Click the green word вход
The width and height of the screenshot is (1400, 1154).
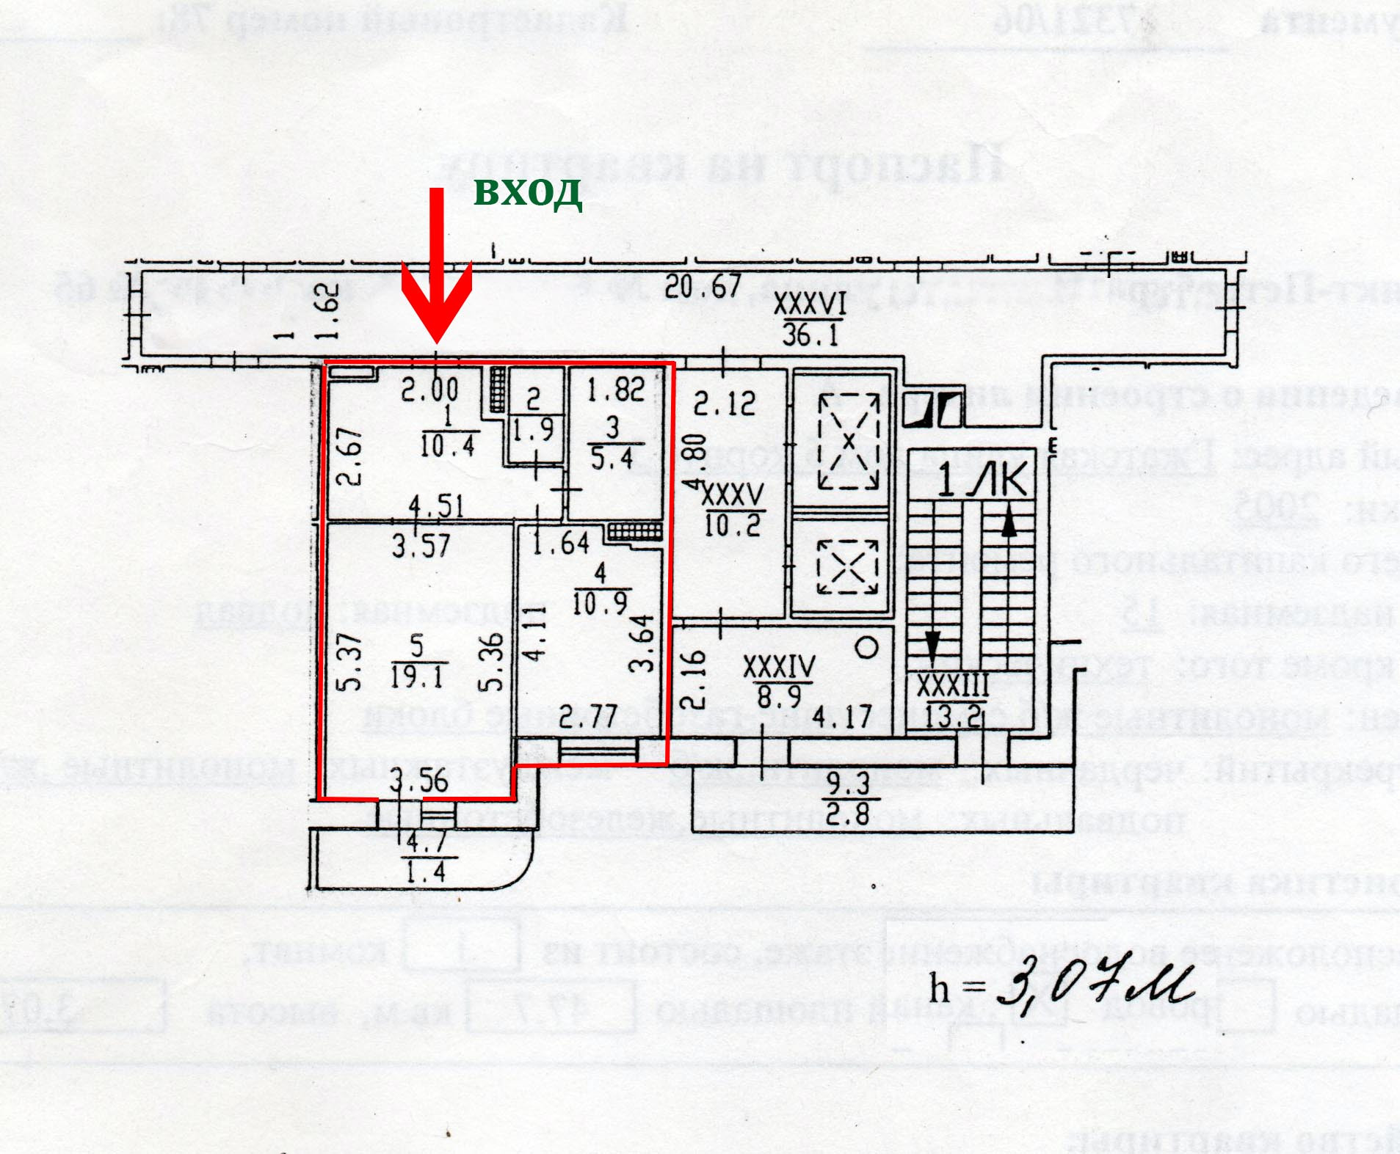tap(528, 192)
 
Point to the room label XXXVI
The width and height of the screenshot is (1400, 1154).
tap(810, 303)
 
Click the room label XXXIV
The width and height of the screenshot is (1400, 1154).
tap(779, 667)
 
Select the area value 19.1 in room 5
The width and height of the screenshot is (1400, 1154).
tap(416, 676)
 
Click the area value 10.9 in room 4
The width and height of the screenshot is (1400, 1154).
tap(600, 603)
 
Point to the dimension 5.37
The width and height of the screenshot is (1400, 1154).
tap(350, 662)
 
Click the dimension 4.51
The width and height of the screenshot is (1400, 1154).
tap(436, 506)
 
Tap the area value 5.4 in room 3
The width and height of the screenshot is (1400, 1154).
tap(612, 459)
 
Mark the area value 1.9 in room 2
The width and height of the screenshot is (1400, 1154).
tap(533, 429)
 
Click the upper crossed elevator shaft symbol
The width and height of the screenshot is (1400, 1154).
tap(848, 442)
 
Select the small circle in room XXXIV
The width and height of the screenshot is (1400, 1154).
tap(868, 648)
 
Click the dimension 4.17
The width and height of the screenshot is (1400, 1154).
tap(842, 717)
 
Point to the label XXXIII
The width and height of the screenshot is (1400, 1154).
tap(952, 687)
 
